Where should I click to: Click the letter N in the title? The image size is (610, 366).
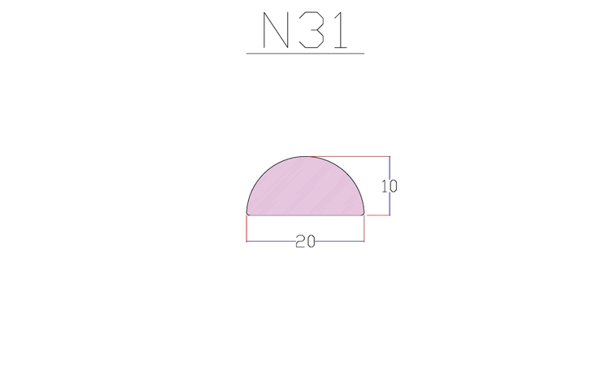point(276,30)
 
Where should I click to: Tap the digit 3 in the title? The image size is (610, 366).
point(312,30)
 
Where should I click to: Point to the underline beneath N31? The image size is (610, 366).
point(305,54)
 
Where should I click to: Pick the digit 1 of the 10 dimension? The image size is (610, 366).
point(385,186)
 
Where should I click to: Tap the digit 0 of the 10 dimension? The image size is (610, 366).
point(393,186)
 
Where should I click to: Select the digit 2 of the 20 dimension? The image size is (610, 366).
point(300,242)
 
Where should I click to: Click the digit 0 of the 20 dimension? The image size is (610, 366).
point(310,242)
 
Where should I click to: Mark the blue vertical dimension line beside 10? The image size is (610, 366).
point(390,185)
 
